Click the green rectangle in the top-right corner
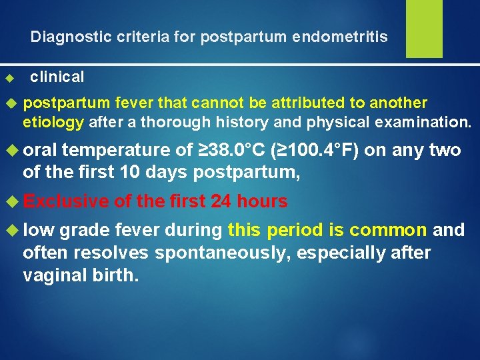(424, 28)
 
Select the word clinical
(57, 77)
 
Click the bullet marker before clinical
(9, 79)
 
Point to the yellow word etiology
(53, 122)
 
